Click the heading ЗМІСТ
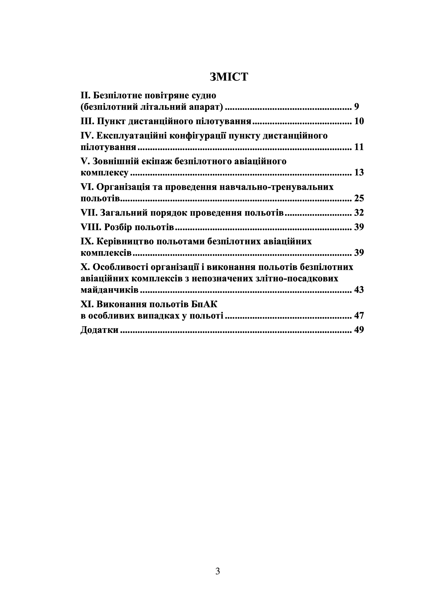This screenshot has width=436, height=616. [229, 77]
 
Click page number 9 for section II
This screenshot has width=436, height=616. [357, 107]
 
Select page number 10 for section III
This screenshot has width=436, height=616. [359, 121]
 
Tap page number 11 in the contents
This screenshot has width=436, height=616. [359, 147]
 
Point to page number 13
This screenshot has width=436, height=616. [359, 172]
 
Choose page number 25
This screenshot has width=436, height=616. [359, 198]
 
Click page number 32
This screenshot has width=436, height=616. [359, 213]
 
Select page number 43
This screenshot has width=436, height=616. [359, 290]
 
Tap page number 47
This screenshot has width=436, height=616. [359, 315]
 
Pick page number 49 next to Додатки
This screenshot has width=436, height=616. [359, 330]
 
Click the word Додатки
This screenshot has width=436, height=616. [99, 330]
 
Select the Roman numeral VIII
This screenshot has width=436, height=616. [90, 227]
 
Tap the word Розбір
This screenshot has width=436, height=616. [118, 227]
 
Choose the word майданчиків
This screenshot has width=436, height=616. [109, 290]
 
